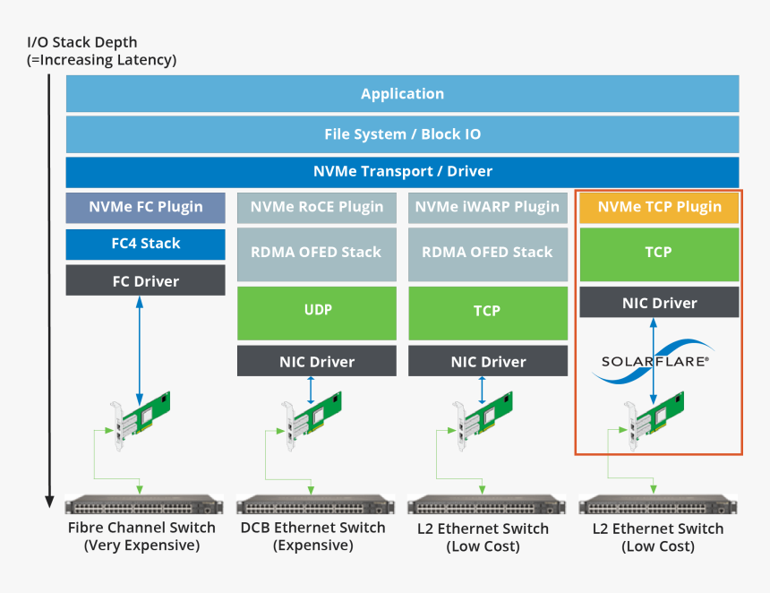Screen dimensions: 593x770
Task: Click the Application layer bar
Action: point(402,94)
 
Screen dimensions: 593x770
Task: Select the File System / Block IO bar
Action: point(402,134)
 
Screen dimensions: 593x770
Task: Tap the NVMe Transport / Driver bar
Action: point(402,171)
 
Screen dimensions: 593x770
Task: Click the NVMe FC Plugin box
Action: point(145,207)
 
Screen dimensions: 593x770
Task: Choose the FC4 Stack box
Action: point(145,244)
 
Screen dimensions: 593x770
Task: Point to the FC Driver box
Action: point(145,281)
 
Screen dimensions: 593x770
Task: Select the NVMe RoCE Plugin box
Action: point(316,207)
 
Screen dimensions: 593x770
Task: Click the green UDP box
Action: point(316,310)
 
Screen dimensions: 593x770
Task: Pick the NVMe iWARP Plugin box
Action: point(487,207)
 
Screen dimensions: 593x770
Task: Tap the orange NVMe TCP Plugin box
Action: point(659,207)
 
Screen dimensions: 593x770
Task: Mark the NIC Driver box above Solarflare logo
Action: point(659,303)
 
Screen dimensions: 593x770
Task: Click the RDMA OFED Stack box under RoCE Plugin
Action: point(316,253)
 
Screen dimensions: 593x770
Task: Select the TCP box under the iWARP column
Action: point(487,310)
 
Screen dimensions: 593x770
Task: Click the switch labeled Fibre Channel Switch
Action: point(141,504)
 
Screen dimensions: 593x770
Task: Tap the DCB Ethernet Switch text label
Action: point(312,528)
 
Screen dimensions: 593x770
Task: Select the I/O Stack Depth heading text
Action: point(81,42)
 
